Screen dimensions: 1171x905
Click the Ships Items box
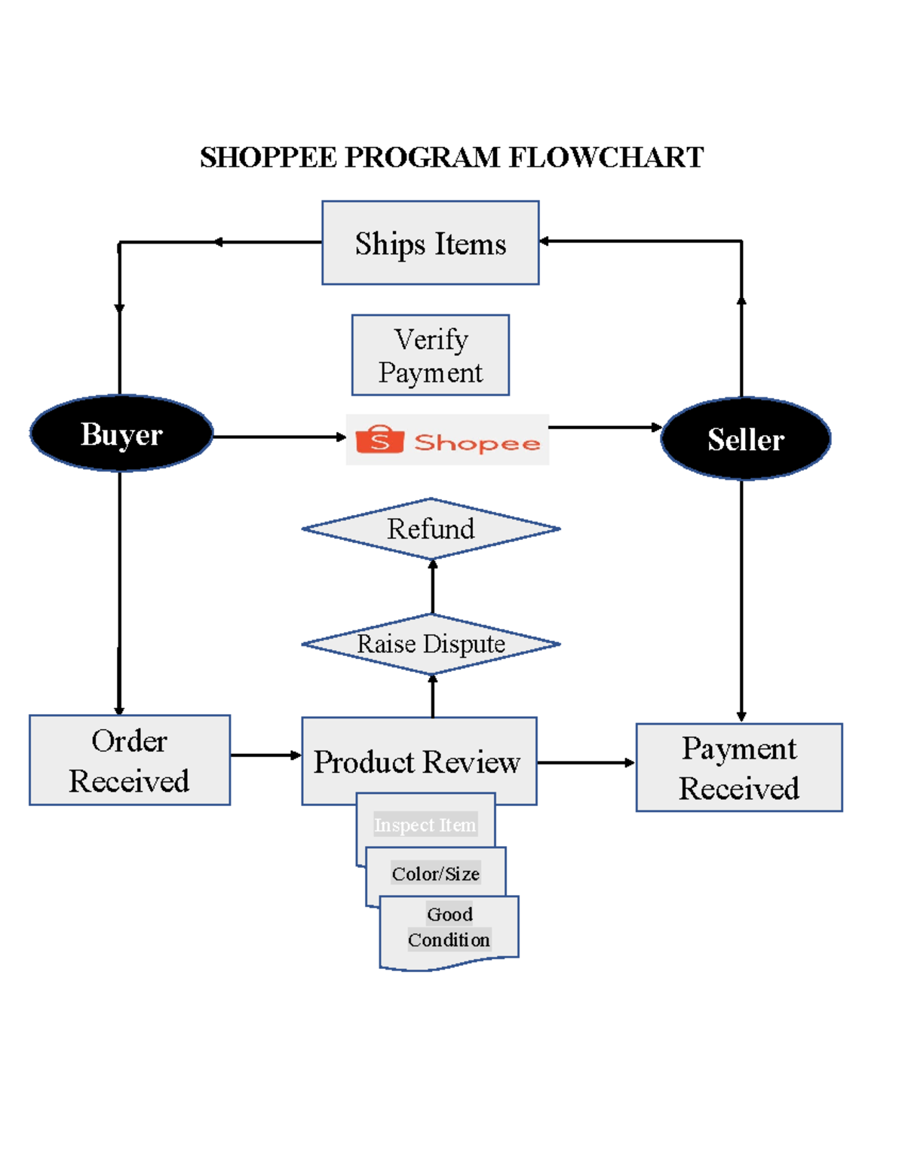430,243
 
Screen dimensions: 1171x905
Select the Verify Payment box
430,355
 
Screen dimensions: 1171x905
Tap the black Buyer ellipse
121,434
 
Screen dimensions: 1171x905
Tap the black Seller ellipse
745,439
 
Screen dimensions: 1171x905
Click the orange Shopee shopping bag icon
379,440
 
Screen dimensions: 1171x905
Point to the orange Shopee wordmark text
477,443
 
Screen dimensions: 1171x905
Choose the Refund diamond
431,529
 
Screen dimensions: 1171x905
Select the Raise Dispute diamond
431,644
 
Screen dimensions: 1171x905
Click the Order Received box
130,760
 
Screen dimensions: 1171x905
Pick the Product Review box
419,761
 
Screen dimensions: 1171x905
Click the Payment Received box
738,768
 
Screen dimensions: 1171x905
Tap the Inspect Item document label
425,825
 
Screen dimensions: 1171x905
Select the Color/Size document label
436,873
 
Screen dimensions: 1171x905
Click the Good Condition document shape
449,932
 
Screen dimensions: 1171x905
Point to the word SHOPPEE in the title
268,158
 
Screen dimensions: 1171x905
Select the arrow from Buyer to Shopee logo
279,437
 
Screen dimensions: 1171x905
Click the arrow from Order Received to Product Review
265,755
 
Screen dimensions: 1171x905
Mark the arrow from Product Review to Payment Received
586,762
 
